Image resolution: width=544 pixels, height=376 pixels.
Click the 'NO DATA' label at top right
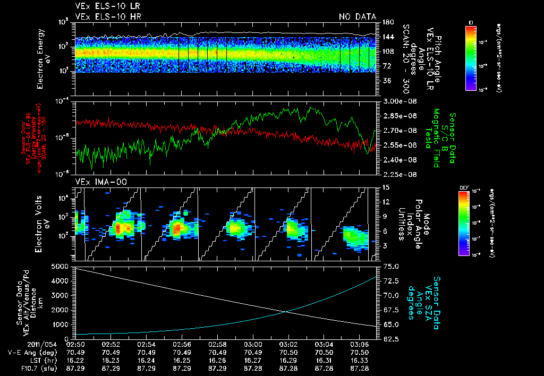[x=358, y=16]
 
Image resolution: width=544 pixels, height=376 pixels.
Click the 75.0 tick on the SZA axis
[x=390, y=266]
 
